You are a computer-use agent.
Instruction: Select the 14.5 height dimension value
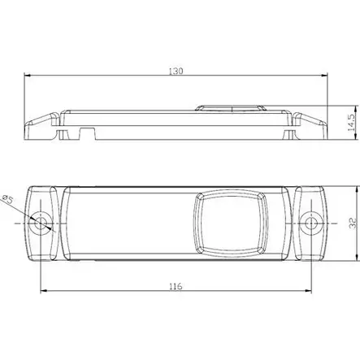click(350, 123)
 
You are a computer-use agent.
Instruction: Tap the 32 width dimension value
click(352, 221)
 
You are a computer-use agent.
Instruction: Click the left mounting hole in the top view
click(41, 222)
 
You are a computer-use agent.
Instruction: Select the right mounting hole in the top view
click(312, 222)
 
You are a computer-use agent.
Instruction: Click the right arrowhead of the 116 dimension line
click(310, 293)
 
